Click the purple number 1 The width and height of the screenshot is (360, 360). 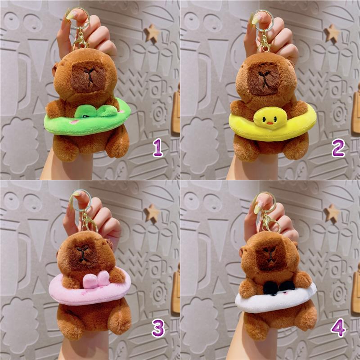[x=158, y=148]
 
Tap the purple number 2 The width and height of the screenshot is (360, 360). [x=338, y=148]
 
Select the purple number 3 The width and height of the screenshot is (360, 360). [x=158, y=328]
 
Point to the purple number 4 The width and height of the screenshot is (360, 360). [x=338, y=328]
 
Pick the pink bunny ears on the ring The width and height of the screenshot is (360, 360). [x=96, y=279]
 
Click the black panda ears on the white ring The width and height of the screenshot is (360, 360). [x=279, y=287]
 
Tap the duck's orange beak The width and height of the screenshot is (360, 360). [x=270, y=123]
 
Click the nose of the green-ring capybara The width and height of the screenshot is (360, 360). [x=89, y=72]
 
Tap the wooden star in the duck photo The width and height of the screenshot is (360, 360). [x=332, y=33]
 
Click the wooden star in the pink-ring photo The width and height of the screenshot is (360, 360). [x=152, y=213]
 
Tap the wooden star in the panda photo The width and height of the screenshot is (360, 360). [x=332, y=213]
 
